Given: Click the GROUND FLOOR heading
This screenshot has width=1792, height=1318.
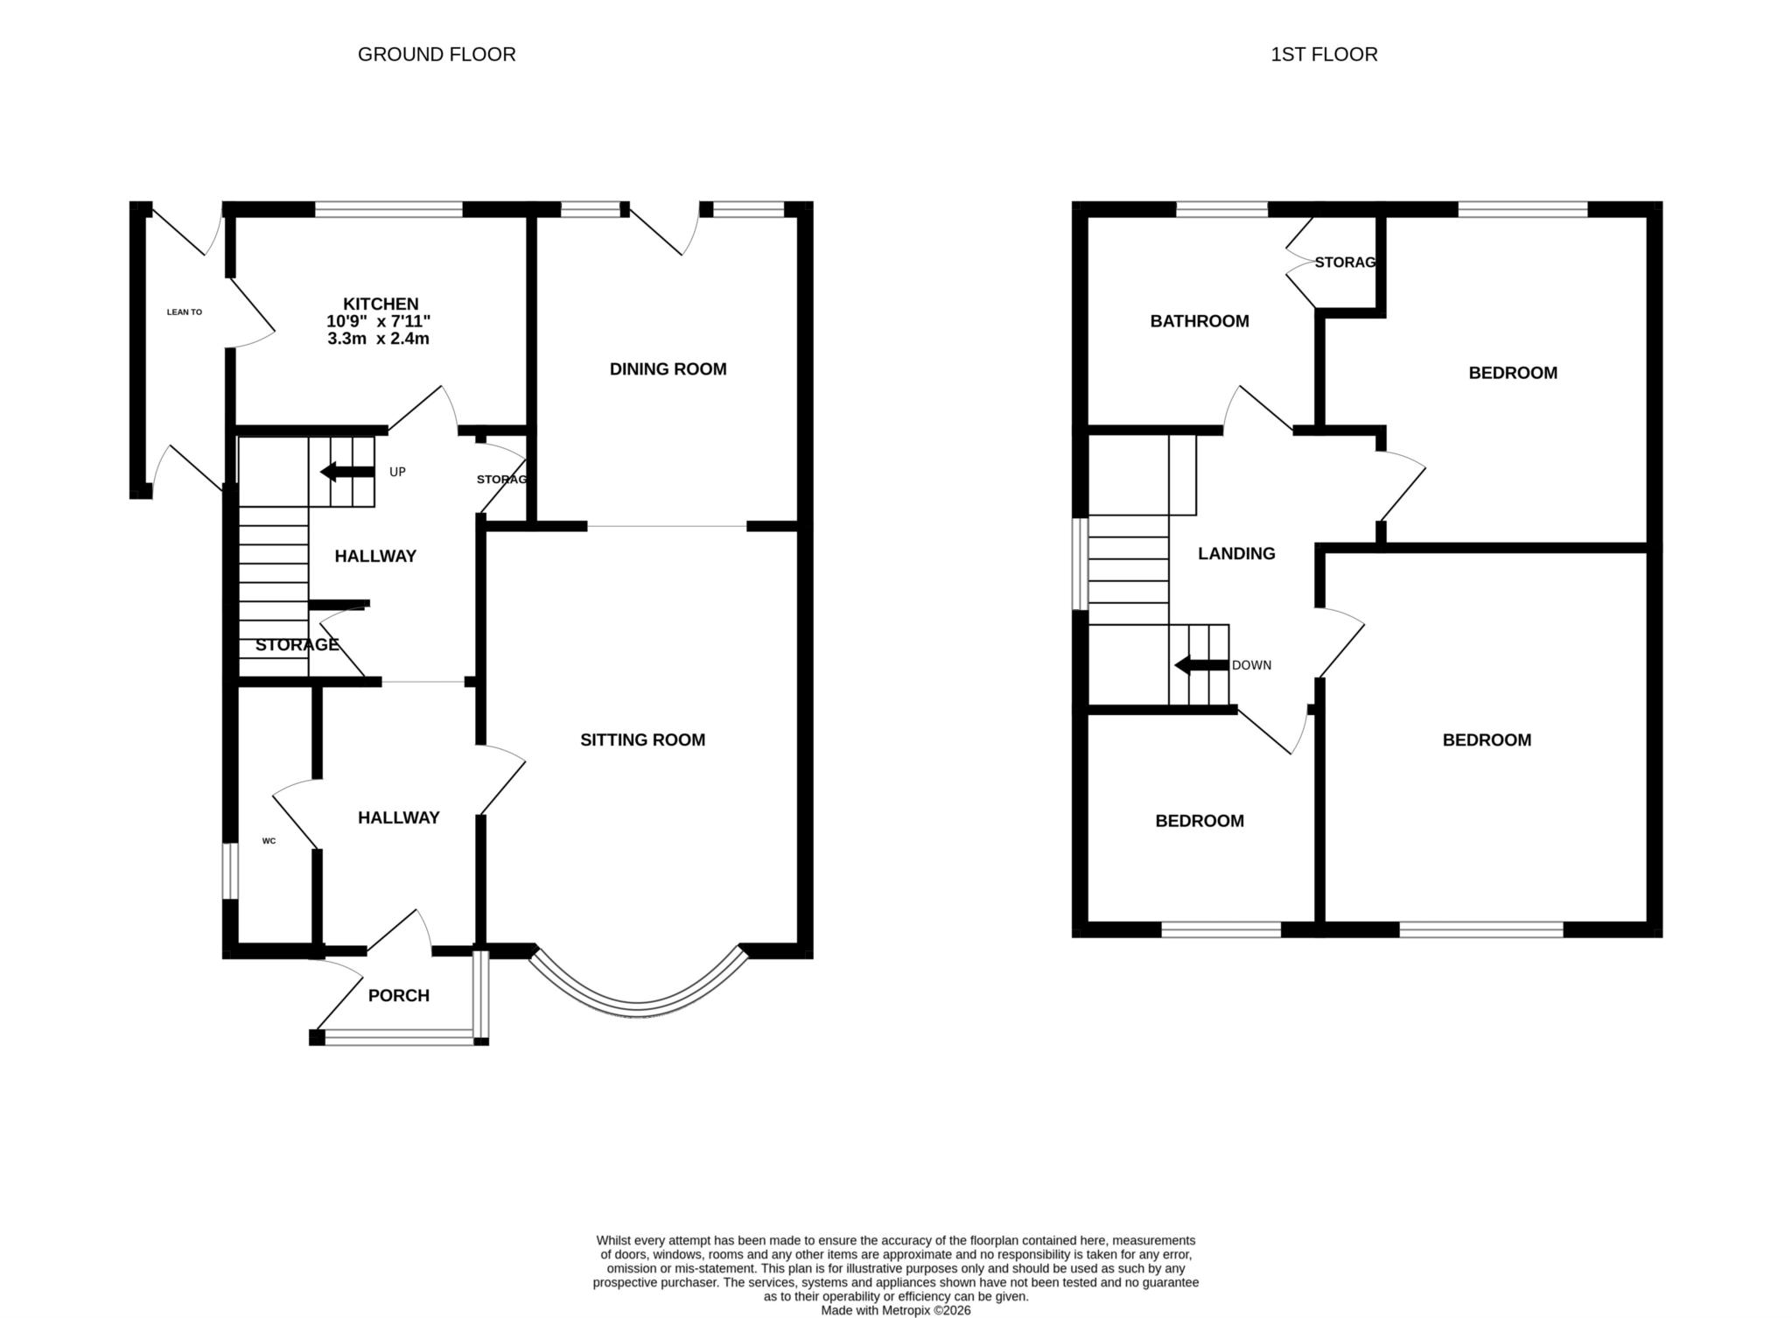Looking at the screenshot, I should click(x=437, y=54).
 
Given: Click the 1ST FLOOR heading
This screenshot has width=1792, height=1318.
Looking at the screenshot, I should click(x=1324, y=54).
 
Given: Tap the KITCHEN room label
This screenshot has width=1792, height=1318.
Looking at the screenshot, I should click(x=380, y=305).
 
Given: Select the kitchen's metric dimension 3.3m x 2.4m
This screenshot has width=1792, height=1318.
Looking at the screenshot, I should click(x=378, y=339).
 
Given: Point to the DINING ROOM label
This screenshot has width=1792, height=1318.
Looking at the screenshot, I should click(x=668, y=369).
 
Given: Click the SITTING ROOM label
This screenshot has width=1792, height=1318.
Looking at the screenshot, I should click(x=642, y=740).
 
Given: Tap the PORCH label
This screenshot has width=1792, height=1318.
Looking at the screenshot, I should click(x=398, y=996).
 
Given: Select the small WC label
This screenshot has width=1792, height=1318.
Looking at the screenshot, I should click(x=269, y=841).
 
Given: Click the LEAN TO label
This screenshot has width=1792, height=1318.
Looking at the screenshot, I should click(x=185, y=312).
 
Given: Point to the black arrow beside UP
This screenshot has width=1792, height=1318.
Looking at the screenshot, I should click(x=346, y=473).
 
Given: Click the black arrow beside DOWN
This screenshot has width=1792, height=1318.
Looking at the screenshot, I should click(x=1200, y=665).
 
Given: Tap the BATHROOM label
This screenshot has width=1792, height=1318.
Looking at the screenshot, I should click(x=1199, y=321).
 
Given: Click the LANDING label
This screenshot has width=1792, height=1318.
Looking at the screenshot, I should click(x=1235, y=554).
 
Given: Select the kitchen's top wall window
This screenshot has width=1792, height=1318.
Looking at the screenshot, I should click(x=388, y=209).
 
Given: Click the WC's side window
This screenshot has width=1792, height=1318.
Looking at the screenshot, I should click(x=229, y=870).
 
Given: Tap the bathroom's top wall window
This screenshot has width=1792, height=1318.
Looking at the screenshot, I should click(x=1221, y=209).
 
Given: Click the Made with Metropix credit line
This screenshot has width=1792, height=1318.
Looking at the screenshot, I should click(x=895, y=1310).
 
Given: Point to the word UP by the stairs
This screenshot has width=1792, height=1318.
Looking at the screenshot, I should click(x=397, y=473).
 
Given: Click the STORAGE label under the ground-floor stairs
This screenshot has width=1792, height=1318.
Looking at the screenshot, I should click(x=297, y=645).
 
